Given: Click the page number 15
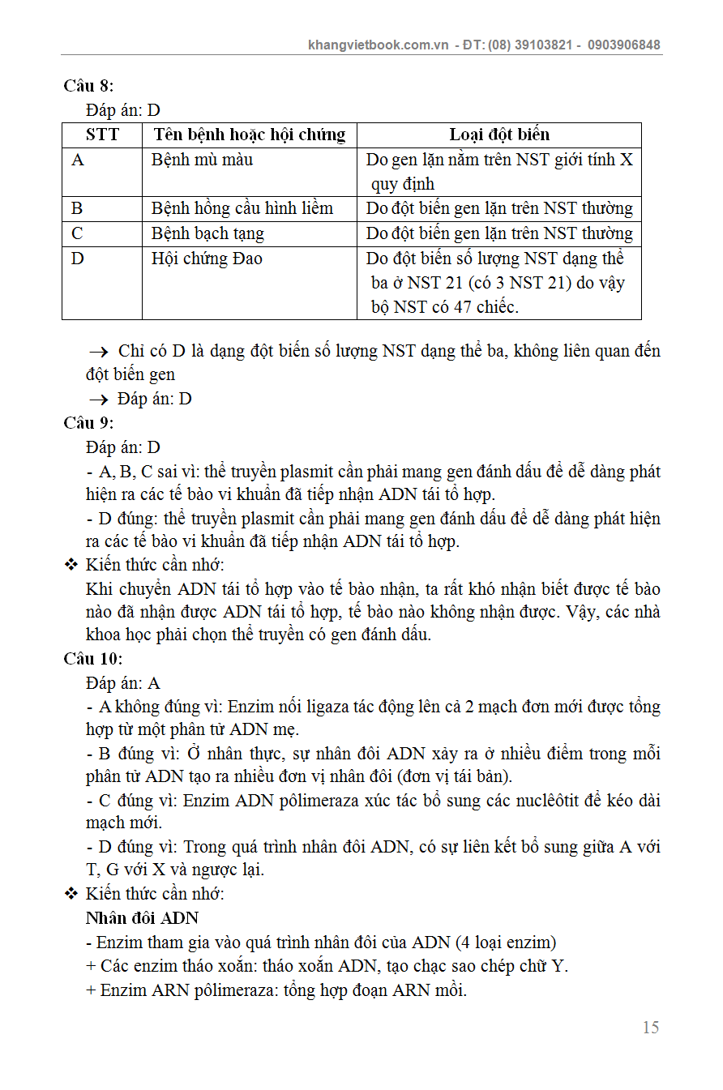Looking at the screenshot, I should (650, 1028).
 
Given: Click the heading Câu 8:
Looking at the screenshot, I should (88, 86).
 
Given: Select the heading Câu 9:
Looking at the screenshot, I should (88, 423).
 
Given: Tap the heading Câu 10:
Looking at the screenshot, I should (92, 659).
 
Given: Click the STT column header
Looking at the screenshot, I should (102, 135).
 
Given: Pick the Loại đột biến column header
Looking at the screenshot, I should (499, 135).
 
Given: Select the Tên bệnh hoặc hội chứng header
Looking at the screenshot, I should (250, 135).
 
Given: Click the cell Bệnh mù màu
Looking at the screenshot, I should (202, 160).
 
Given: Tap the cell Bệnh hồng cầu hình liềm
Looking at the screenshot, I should (242, 209).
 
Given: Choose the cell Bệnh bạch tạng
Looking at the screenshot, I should (207, 234).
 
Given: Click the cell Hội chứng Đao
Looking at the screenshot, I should (207, 259).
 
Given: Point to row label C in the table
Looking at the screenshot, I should (78, 234).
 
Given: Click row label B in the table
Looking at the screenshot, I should (77, 209).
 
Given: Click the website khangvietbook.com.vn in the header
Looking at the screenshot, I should (379, 45).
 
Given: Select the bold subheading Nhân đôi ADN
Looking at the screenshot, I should (142, 918).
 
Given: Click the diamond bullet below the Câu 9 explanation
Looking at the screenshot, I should (71, 565).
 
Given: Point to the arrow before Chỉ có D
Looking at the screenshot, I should (98, 352).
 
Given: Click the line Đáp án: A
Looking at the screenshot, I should (123, 683).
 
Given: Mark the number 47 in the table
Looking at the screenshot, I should (453, 307).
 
